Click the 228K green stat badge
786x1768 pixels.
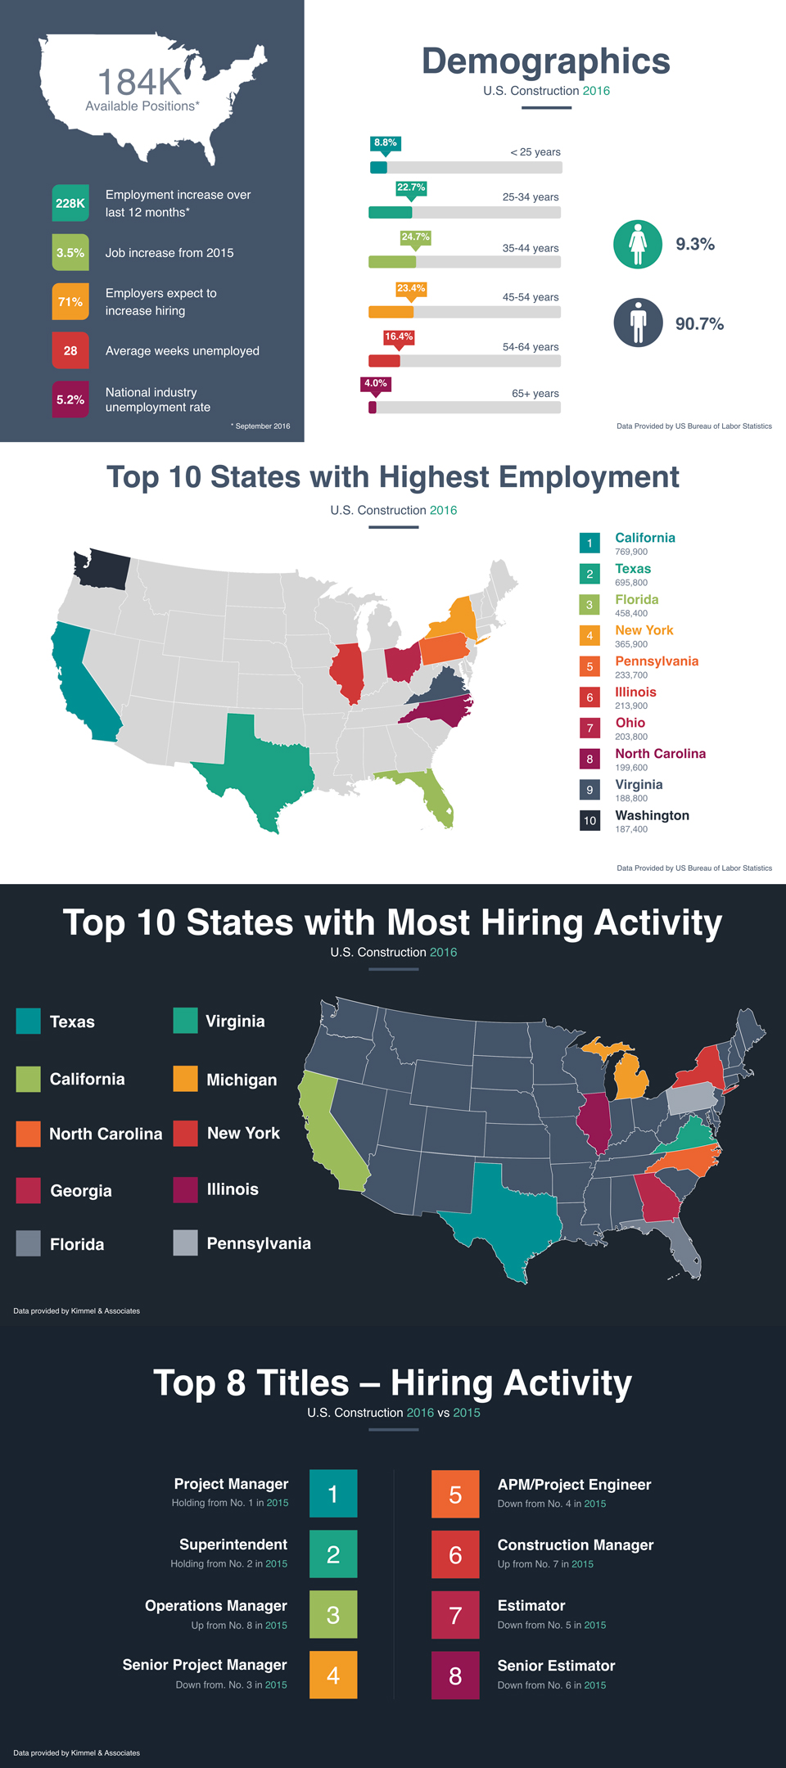pos(70,203)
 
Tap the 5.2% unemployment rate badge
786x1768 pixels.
pos(70,399)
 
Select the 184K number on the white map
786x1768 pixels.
pos(139,82)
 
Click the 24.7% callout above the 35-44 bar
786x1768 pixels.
pos(415,237)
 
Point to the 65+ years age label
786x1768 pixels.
pos(535,394)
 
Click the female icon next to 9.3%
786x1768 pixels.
pos(638,244)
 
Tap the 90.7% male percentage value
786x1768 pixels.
pos(700,324)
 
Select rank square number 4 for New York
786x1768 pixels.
pos(589,635)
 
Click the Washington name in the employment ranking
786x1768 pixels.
pos(653,815)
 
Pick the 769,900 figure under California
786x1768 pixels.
pos(631,552)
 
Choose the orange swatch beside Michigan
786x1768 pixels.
pos(186,1079)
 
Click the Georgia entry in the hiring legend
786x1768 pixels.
pos(81,1191)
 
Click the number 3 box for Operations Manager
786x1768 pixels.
pos(333,1614)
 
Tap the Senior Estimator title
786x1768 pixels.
pos(557,1666)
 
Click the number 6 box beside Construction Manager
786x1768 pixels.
pos(455,1554)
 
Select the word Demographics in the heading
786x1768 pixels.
pos(546,61)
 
